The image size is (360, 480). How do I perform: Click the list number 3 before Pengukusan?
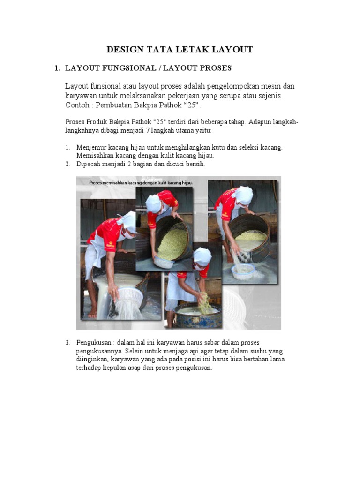click(67, 343)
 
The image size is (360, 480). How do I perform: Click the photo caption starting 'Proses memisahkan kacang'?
click(141, 182)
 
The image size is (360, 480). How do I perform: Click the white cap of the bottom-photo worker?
click(202, 255)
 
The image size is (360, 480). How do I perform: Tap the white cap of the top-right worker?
click(244, 195)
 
